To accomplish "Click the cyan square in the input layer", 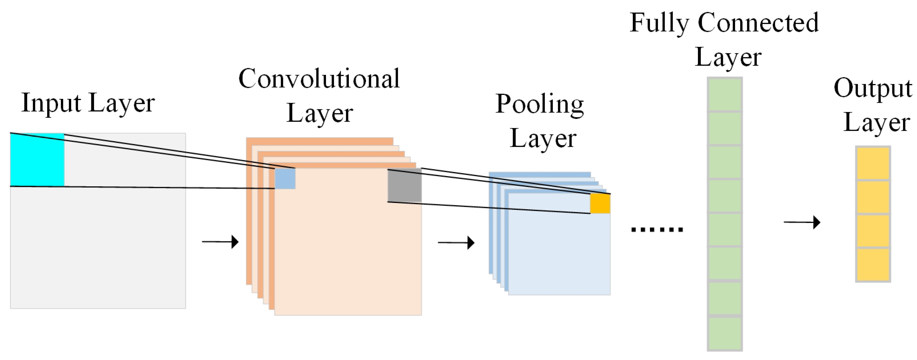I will (x=37, y=160).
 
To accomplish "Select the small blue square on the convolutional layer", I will (x=285, y=178).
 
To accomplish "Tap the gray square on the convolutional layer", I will (x=404, y=185).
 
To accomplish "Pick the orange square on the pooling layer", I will (x=600, y=203).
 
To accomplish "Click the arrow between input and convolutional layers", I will (x=220, y=242).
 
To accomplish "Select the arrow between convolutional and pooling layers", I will (x=456, y=243).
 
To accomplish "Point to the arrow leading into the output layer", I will (x=802, y=222).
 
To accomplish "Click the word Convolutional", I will (x=319, y=79).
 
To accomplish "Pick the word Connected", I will (x=758, y=23).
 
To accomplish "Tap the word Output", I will (x=873, y=89).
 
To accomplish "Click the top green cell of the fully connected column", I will (x=724, y=94).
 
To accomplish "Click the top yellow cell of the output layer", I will (x=873, y=163).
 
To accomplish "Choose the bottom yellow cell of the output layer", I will (x=873, y=264).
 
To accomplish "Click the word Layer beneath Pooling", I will (x=543, y=139).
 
